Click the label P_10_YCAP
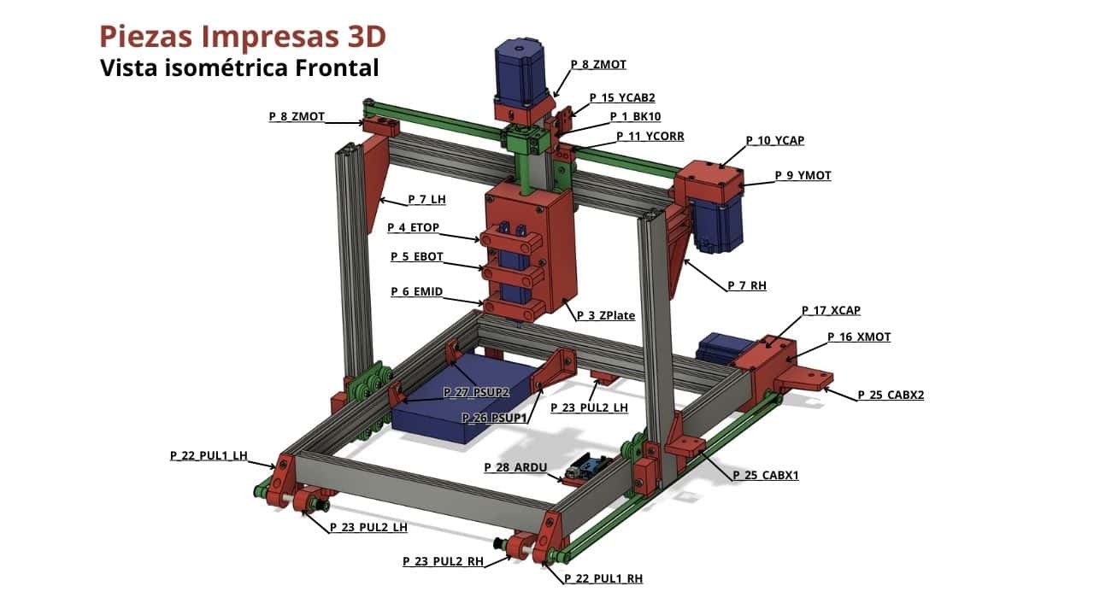(774, 141)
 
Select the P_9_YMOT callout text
(803, 176)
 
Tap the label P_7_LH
(426, 199)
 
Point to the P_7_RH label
(747, 285)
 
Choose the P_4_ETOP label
(413, 227)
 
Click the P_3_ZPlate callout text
(606, 316)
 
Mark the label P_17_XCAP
(831, 310)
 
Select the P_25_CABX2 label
(891, 395)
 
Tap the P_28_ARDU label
(515, 467)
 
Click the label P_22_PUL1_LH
(209, 456)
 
